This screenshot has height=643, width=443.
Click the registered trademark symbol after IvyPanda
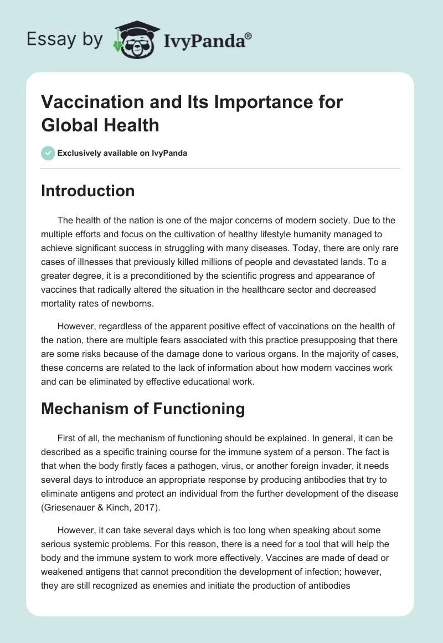(249, 36)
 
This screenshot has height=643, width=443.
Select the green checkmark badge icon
(48, 153)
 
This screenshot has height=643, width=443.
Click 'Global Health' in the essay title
(100, 125)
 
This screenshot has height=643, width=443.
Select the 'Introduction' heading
(88, 191)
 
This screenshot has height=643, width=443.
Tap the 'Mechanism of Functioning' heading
(143, 409)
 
